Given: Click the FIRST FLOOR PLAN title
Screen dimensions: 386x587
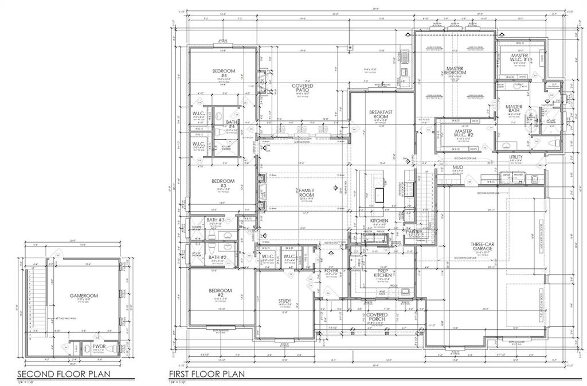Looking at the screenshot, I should [x=206, y=374].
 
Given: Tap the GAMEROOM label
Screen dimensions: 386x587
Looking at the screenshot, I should [x=84, y=296].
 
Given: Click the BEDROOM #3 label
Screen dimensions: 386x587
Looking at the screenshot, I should [x=220, y=184].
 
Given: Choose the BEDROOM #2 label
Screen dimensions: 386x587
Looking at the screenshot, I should [x=220, y=293].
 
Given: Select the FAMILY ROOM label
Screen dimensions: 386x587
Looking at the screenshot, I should [x=307, y=192].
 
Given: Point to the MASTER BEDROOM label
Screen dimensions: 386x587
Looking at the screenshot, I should [x=455, y=71].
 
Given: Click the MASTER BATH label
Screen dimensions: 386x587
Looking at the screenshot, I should [x=513, y=108].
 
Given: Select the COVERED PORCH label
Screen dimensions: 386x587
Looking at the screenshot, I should [x=377, y=317].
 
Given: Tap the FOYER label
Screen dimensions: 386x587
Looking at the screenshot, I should [x=332, y=270].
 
